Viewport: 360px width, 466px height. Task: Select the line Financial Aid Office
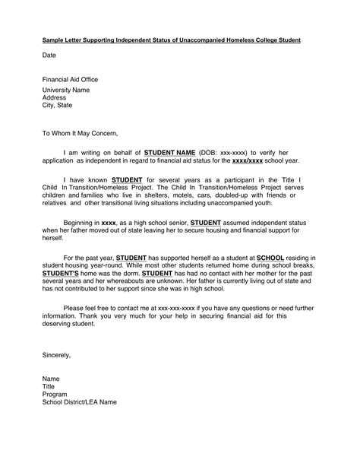pyautogui.click(x=70, y=79)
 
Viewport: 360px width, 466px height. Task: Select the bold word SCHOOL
pyautogui.click(x=270, y=258)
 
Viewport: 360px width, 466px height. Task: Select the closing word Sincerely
pyautogui.click(x=56, y=355)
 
